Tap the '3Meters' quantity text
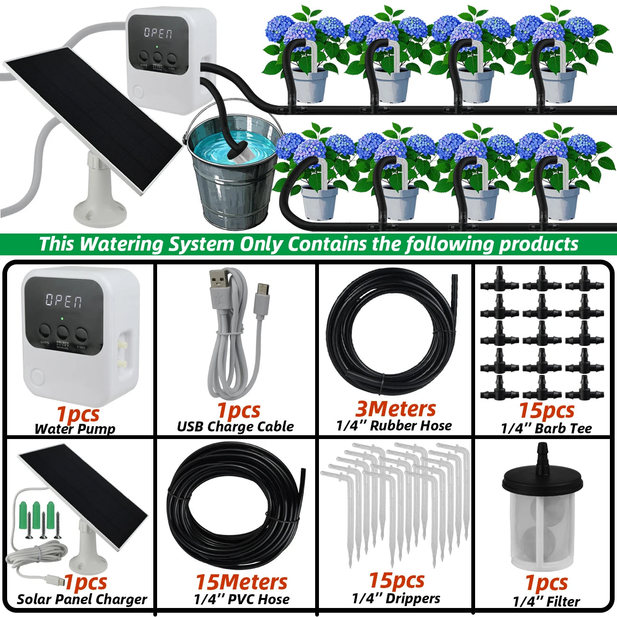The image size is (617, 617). click(395, 408)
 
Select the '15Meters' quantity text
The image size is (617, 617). click(242, 582)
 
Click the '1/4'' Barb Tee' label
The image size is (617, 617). click(546, 428)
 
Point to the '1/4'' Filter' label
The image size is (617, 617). click(546, 601)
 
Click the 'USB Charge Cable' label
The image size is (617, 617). click(235, 426)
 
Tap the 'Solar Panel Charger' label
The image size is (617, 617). click(82, 599)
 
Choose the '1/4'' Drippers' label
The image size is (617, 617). click(396, 598)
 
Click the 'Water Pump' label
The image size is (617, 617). click(75, 429)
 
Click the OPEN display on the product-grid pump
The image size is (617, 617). click(64, 300)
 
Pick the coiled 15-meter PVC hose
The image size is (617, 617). click(233, 508)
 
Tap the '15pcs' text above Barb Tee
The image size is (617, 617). click(546, 410)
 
